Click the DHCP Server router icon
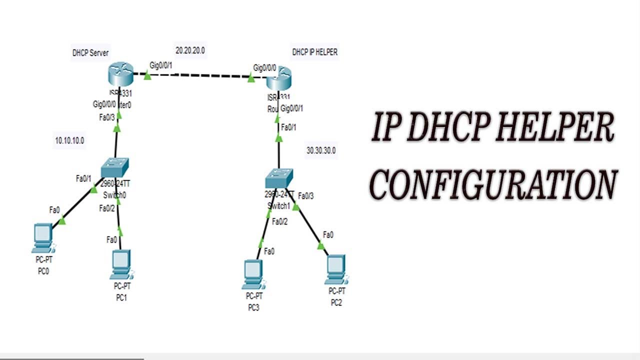click(x=120, y=75)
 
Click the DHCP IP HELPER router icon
click(x=279, y=79)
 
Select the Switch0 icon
click(x=114, y=168)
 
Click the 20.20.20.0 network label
click(x=190, y=50)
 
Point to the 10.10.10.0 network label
click(x=69, y=141)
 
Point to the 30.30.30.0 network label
click(x=321, y=150)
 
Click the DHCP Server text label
click(x=90, y=53)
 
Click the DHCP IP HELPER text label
click(x=314, y=52)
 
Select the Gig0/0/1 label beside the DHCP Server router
click(x=161, y=65)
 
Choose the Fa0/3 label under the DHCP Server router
click(x=106, y=117)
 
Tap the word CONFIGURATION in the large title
click(x=492, y=183)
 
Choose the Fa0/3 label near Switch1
click(x=305, y=195)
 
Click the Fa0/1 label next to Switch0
click(x=83, y=178)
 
